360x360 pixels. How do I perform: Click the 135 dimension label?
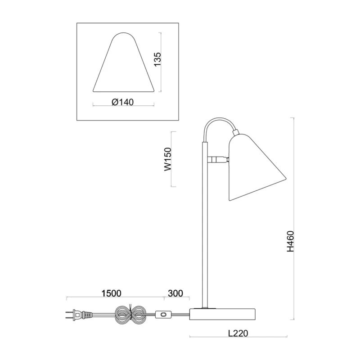157,59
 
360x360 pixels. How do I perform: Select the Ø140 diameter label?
122,102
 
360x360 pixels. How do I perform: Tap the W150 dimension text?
168,159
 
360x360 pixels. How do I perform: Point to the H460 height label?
290,241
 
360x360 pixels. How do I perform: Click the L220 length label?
238,333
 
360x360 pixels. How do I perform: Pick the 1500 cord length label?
111,293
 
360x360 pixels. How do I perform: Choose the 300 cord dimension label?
175,293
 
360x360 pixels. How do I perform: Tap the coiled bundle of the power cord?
130,315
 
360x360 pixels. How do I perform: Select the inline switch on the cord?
163,314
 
